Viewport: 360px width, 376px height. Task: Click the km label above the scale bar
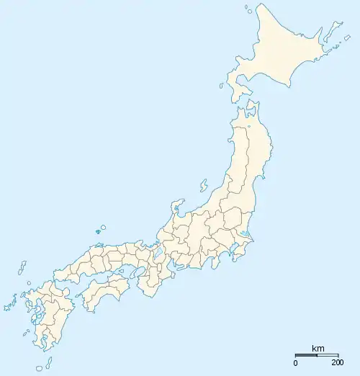point(318,349)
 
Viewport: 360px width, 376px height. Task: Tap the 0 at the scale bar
point(296,362)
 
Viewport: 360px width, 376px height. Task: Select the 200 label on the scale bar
point(337,362)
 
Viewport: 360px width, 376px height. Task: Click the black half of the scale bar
point(307,355)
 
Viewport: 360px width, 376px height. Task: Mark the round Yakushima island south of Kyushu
point(40,367)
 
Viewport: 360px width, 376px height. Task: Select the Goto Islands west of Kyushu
point(9,305)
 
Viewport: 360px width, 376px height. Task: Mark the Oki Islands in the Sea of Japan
point(101,229)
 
